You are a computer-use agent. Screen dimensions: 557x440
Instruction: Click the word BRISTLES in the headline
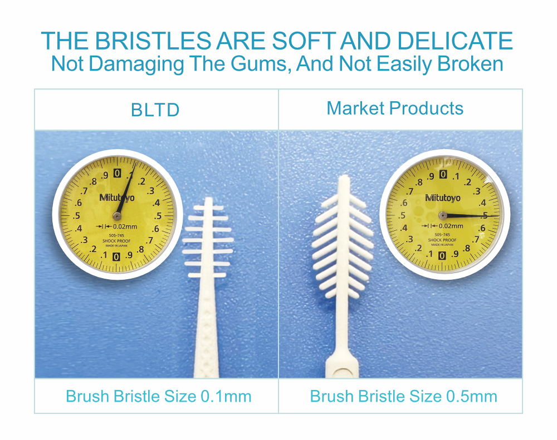click(153, 41)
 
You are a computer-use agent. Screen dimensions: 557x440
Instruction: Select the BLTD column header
click(155, 110)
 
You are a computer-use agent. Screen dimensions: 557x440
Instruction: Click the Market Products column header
click(395, 108)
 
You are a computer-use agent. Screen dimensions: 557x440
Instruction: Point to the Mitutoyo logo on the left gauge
click(117, 197)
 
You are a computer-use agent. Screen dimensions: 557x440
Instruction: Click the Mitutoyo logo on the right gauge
click(443, 197)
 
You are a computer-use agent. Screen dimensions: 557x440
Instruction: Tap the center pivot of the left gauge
click(117, 216)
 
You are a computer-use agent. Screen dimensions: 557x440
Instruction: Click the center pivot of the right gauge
click(443, 215)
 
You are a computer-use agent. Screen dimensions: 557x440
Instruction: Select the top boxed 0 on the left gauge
click(117, 173)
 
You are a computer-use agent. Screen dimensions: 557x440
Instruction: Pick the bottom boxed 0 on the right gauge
click(442, 256)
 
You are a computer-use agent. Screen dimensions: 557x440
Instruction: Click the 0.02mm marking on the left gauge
click(125, 226)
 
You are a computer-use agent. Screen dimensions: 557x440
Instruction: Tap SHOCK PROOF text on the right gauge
click(442, 240)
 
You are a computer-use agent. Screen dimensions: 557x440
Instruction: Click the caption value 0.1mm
click(226, 397)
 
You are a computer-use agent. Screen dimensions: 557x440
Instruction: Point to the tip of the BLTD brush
click(208, 199)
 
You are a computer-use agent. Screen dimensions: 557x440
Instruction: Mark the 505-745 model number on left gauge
click(116, 235)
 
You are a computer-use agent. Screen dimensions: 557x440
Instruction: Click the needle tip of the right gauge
click(499, 215)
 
